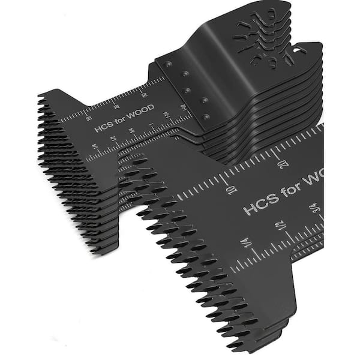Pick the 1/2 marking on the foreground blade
(x=280, y=226)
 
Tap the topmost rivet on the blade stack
(x=167, y=63)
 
